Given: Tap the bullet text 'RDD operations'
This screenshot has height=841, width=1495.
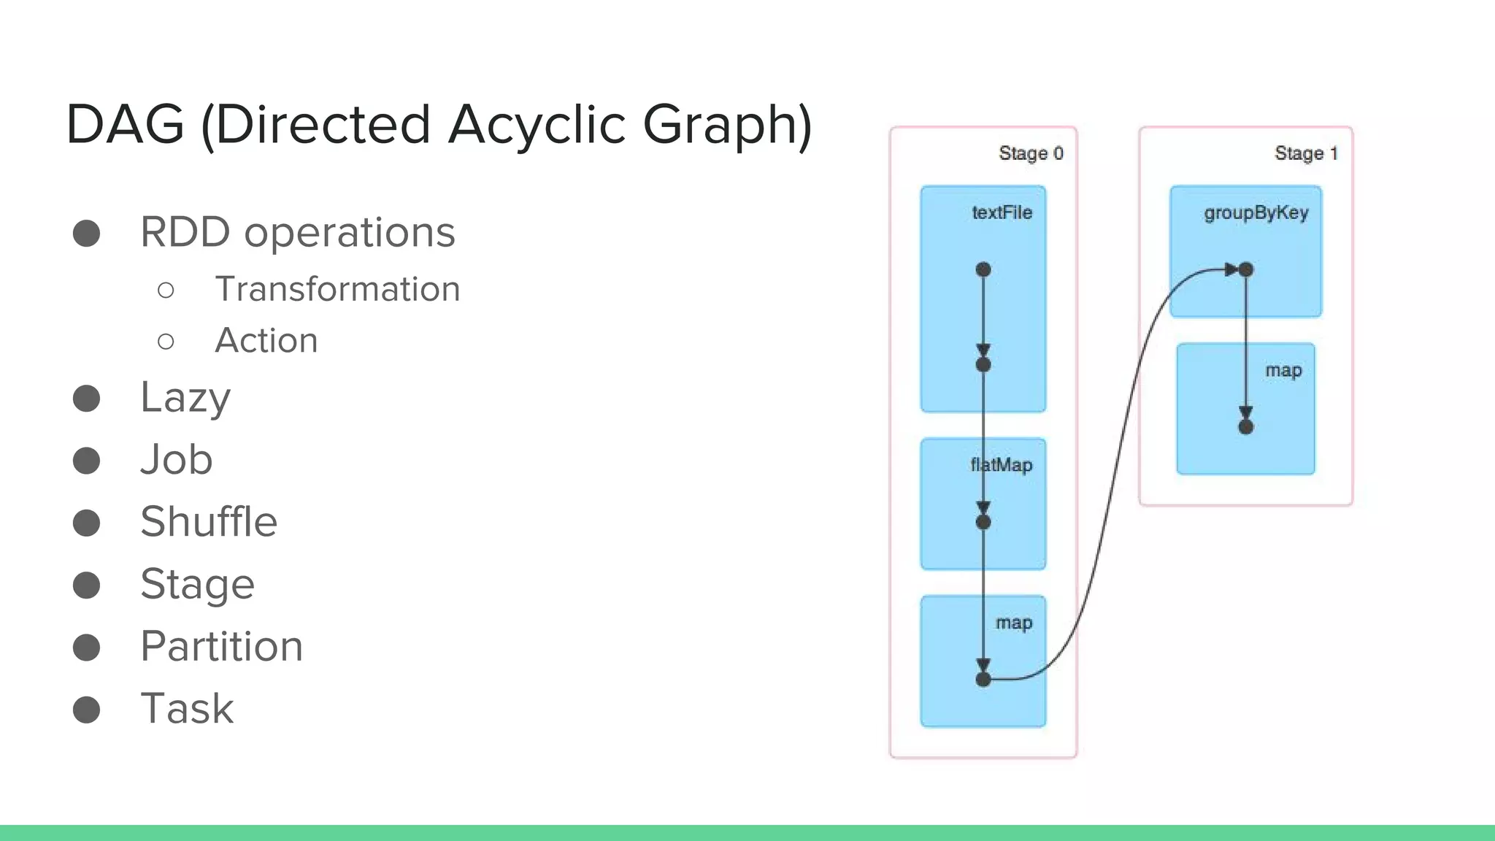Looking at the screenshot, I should point(298,232).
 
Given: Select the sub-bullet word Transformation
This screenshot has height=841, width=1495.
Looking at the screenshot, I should point(337,289).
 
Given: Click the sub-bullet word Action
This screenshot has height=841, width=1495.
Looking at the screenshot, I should point(266,341).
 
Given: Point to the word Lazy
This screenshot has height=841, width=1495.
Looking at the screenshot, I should point(185,398).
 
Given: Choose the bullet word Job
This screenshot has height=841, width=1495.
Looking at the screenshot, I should point(177,460).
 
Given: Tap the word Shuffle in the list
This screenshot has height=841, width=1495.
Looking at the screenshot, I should point(209,522).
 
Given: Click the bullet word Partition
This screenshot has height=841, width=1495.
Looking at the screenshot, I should point(222,647).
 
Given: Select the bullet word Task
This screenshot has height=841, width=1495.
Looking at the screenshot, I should point(188,709).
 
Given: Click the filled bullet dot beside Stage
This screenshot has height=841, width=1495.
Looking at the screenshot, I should point(87,585).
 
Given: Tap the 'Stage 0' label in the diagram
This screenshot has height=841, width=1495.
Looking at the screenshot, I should point(1031,153).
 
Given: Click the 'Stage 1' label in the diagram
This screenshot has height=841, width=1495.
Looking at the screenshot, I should point(1306,153).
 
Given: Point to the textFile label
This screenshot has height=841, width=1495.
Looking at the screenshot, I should point(1002,212).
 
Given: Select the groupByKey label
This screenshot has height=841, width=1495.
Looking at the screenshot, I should point(1256,212).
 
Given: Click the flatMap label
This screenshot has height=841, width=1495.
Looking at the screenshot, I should point(1002,465).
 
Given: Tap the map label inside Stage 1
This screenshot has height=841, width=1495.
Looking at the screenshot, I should point(1283,370).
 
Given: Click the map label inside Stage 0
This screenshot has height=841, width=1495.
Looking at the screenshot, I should point(1014,623).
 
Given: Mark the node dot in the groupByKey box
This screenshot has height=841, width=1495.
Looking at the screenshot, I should point(1246,270).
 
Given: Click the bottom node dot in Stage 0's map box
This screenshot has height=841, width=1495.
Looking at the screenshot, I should point(983,680).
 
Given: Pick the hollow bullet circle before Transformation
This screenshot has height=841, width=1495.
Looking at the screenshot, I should point(166,291).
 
